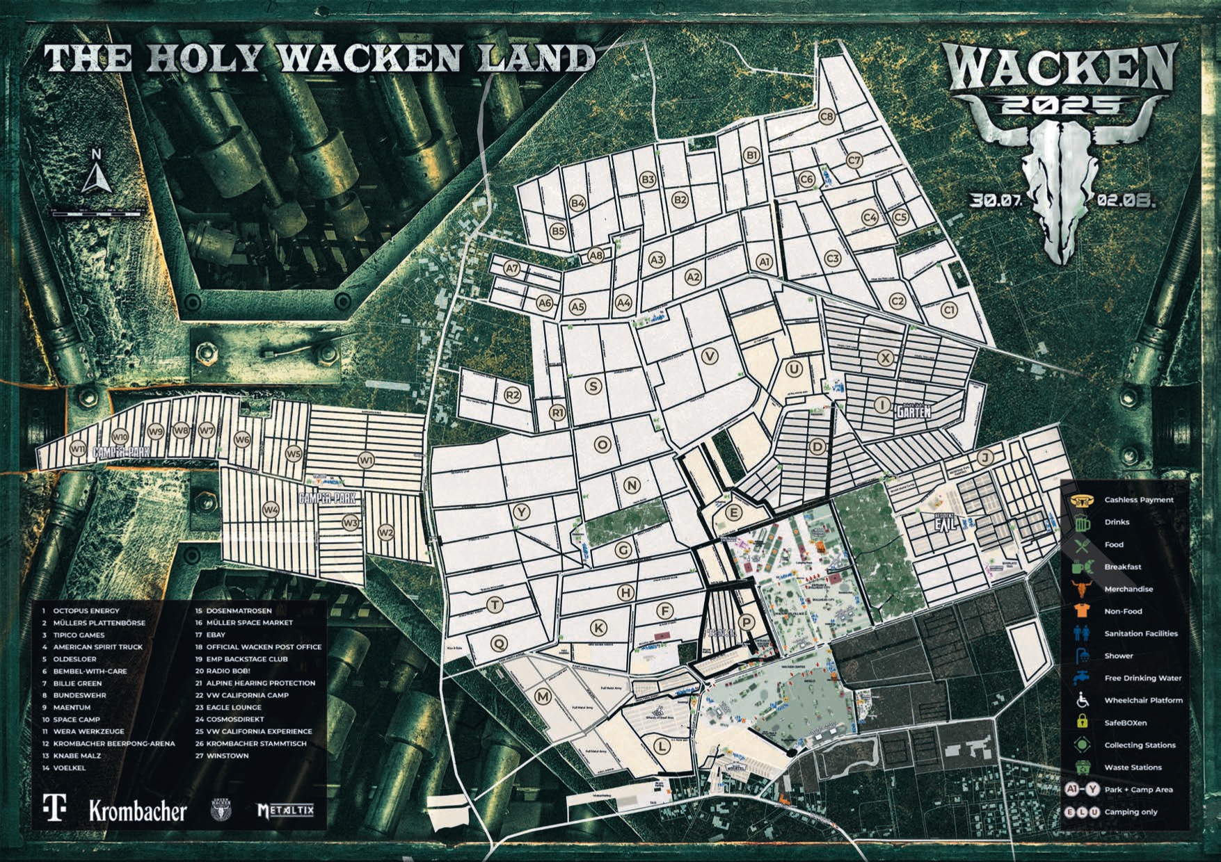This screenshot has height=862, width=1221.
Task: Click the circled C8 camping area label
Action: pos(826,117)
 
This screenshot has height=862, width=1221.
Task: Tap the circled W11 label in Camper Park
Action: pos(77,450)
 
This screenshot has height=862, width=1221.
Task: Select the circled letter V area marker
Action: pos(710,357)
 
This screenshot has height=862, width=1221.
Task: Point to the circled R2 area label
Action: pos(512,396)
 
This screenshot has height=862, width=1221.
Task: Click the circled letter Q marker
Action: pos(498,643)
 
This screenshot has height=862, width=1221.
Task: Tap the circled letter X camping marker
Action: pos(885,358)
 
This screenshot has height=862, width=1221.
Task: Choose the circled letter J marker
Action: pos(984,457)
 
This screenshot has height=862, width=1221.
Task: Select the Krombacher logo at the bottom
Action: pos(138,811)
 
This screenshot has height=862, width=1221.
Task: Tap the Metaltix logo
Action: pos(285,811)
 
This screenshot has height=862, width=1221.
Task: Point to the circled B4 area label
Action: pos(577,203)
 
